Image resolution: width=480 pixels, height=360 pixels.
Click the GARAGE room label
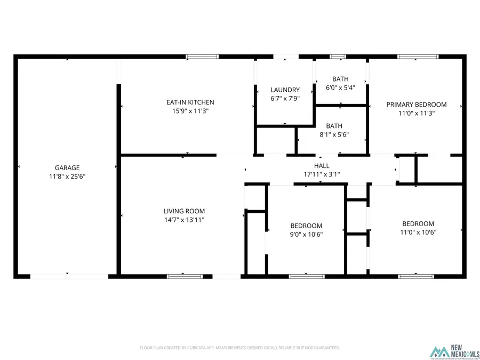[67, 167]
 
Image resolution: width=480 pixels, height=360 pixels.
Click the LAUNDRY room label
[285, 90]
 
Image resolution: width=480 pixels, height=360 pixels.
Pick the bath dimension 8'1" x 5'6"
[334, 135]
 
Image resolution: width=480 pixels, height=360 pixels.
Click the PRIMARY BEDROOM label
[417, 105]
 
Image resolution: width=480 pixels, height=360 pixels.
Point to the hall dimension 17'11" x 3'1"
[322, 174]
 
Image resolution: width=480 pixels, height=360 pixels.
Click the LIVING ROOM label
[184, 211]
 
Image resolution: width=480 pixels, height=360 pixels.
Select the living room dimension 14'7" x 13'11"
[184, 220]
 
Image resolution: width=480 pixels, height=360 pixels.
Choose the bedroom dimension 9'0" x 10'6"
[306, 234]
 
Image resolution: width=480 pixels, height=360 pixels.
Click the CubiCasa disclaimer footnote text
[239, 348]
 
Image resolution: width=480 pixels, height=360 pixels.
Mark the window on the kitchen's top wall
[202, 56]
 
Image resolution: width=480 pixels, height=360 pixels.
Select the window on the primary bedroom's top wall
[418, 56]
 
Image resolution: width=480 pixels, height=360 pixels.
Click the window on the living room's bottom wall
[185, 276]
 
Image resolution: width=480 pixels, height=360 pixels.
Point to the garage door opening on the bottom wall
[69, 276]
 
